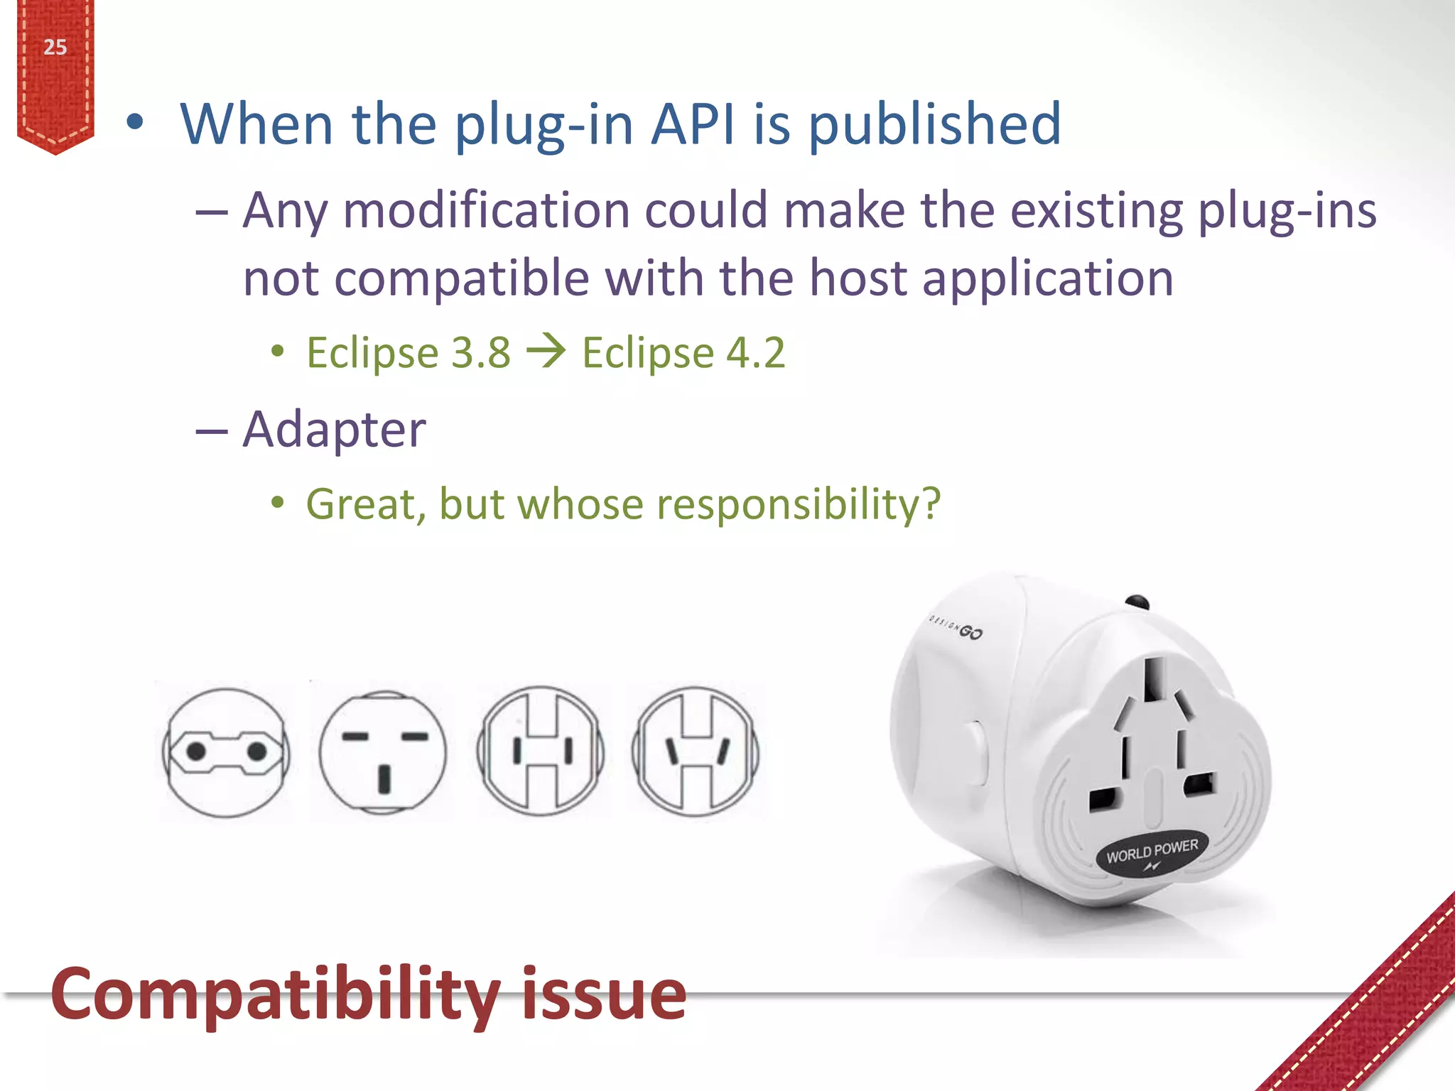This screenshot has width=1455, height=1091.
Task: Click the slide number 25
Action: pyautogui.click(x=55, y=48)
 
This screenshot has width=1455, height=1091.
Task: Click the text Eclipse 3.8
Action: pyautogui.click(x=409, y=353)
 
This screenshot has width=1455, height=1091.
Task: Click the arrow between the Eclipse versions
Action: pyautogui.click(x=546, y=351)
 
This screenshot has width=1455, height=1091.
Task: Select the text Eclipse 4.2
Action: pyautogui.click(x=683, y=353)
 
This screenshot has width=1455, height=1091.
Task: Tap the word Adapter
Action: pyautogui.click(x=334, y=430)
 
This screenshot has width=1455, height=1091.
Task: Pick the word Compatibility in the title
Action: pyautogui.click(x=276, y=994)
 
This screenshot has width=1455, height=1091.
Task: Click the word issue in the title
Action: pyautogui.click(x=604, y=994)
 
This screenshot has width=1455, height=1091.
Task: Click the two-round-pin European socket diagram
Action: pyautogui.click(x=226, y=752)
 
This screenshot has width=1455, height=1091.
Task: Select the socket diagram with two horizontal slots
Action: pyautogui.click(x=383, y=752)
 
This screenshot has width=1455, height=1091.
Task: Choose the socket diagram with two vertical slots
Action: pyautogui.click(x=540, y=751)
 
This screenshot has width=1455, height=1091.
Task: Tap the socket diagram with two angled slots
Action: pyautogui.click(x=696, y=751)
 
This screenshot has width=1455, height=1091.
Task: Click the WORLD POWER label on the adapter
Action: pyautogui.click(x=1152, y=851)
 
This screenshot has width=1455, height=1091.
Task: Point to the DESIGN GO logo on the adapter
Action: pyautogui.click(x=957, y=627)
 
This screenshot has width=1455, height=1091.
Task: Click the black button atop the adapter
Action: pyautogui.click(x=1137, y=602)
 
